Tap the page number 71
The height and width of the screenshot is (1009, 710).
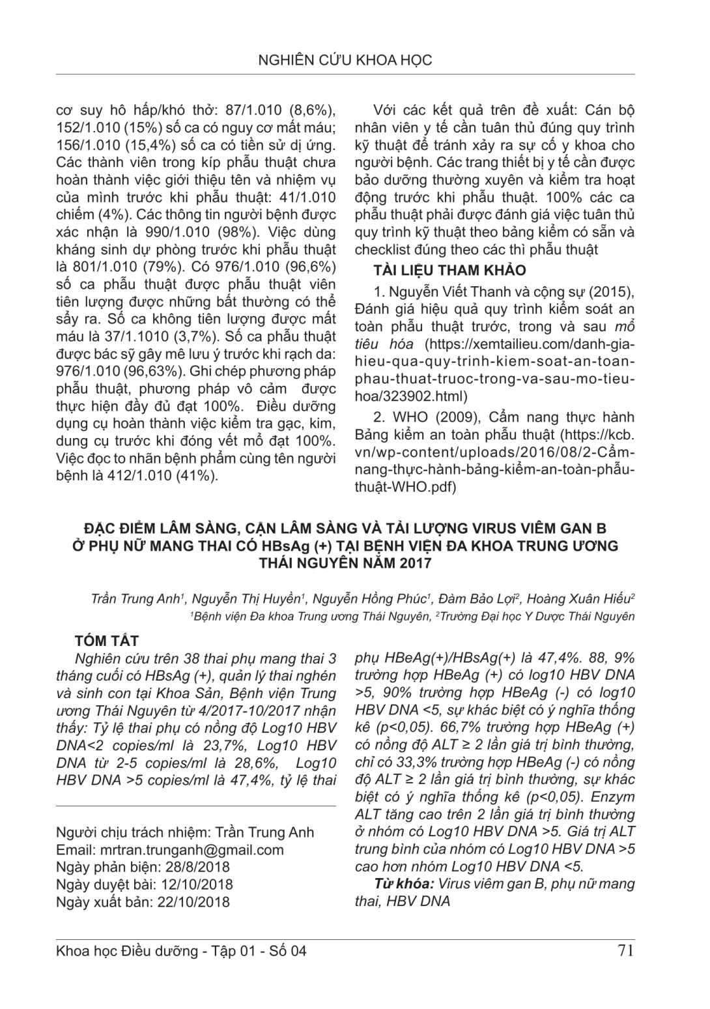[x=624, y=950]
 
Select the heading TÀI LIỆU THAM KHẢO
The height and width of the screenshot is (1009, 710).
[x=449, y=270]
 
